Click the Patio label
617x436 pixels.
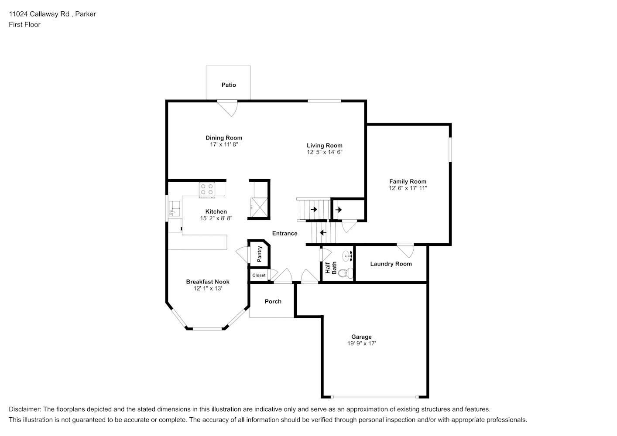tap(229, 85)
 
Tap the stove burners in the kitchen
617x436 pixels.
tap(207, 189)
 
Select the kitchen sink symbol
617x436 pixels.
tap(174, 208)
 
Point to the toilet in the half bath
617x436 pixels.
tap(346, 273)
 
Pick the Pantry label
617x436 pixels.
tap(259, 254)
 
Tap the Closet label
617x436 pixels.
tap(259, 275)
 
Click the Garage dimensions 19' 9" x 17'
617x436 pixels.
tap(361, 344)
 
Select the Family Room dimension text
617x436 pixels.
tap(408, 188)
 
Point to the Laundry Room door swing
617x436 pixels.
tap(405, 250)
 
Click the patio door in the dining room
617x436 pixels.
tap(227, 108)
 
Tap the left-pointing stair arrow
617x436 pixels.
tap(323, 233)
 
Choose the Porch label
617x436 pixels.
tap(273, 302)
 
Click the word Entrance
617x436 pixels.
tap(285, 233)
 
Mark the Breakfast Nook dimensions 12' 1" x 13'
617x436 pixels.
tap(208, 289)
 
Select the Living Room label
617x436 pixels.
tap(325, 146)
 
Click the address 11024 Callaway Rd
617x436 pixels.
tap(39, 14)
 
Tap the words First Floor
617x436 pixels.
tap(24, 24)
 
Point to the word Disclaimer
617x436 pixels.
tap(25, 409)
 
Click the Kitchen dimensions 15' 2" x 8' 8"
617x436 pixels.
tap(216, 218)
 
